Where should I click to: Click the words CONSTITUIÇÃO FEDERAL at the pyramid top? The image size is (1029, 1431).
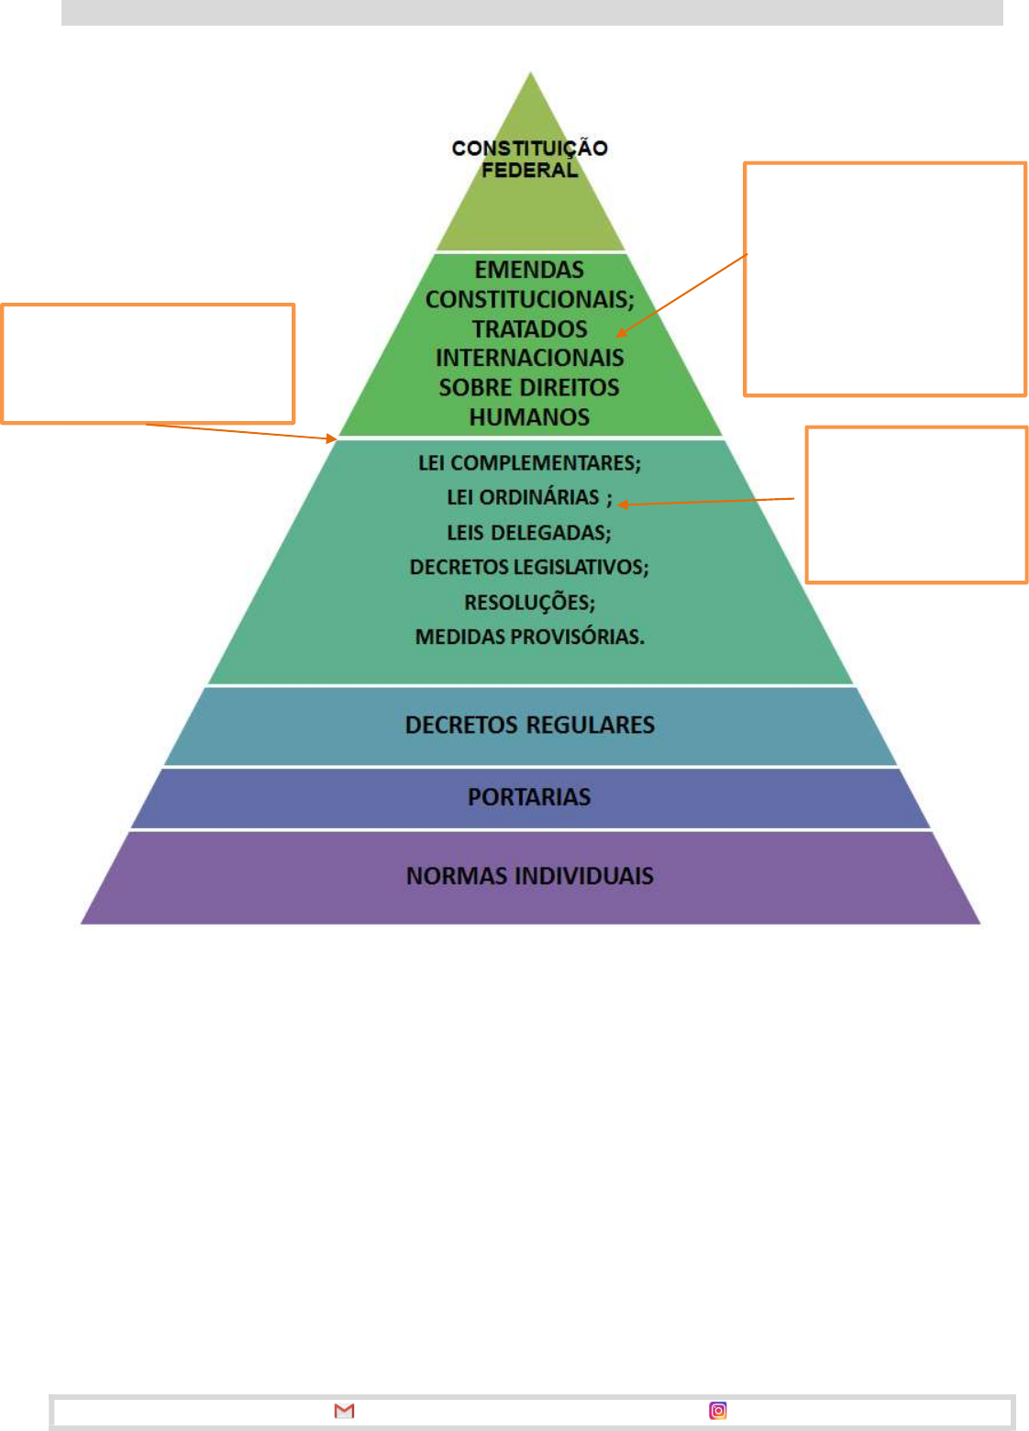coord(529,159)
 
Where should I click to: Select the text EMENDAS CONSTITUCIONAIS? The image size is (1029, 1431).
coord(529,284)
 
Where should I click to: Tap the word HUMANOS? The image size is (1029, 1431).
coord(529,417)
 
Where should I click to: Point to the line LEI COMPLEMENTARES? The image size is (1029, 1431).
coord(529,462)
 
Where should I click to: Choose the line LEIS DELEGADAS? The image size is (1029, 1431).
coord(529,532)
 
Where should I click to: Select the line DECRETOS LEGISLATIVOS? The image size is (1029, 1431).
coord(529,567)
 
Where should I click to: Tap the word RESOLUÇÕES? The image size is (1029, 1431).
coord(529,602)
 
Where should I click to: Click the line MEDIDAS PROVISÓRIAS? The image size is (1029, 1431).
coord(529,637)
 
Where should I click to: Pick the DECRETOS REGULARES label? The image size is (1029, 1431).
coord(529,725)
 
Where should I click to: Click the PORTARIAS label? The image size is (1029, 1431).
coord(529,796)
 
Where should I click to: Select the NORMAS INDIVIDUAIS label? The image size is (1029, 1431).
coord(529,875)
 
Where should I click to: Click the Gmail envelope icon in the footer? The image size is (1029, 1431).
coord(344,1410)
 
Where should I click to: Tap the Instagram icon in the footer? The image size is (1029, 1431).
coord(718,1410)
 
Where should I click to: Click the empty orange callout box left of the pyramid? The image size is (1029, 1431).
coord(148,363)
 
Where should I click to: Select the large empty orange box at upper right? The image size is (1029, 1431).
coord(884,279)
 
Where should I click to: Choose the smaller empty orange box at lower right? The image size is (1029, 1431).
coord(916,504)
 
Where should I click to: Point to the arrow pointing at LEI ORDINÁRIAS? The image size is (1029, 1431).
coord(706,501)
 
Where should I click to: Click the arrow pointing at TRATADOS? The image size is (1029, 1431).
coord(683,294)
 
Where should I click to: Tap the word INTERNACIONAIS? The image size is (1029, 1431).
coord(529,358)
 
